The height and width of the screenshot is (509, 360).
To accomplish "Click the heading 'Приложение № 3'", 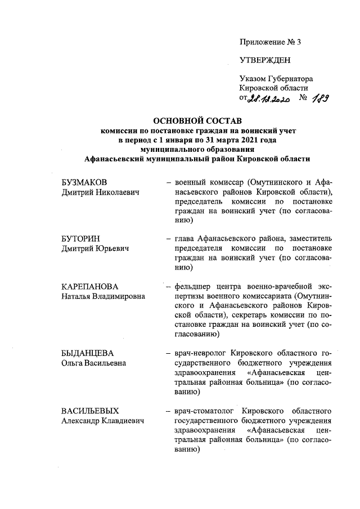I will tap(271, 42).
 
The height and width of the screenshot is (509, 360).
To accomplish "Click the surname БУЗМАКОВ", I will tap(85, 183).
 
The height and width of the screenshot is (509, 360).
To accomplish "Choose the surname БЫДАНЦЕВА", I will tap(88, 353).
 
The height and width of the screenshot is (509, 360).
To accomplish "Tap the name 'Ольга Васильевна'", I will tap(94, 363).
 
